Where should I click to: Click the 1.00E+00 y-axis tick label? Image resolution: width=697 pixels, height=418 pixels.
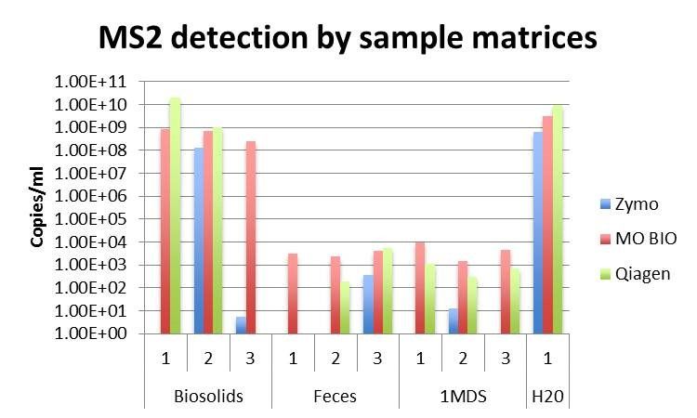click(105, 333)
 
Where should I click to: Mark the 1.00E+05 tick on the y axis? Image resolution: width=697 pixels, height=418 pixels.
click(105, 219)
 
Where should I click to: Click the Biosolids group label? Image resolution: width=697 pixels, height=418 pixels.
click(208, 396)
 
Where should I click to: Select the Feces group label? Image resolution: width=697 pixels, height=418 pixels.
click(335, 396)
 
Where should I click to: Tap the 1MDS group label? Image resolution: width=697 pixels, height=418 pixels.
click(463, 396)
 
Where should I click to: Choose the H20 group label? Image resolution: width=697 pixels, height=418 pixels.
click(547, 396)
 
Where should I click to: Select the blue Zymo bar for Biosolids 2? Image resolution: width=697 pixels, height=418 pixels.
click(198, 240)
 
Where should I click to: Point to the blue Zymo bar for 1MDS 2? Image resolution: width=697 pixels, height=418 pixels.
click(452, 321)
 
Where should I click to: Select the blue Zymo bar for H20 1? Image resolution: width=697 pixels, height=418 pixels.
click(536, 232)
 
